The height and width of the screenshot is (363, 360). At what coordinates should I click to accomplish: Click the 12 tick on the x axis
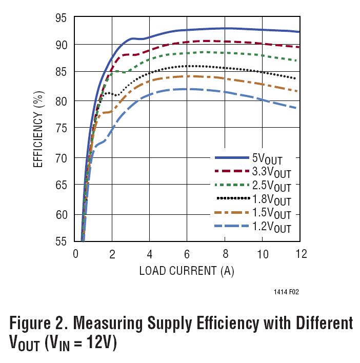click(x=301, y=254)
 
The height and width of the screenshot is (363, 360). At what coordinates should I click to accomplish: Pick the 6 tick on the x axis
click(x=188, y=254)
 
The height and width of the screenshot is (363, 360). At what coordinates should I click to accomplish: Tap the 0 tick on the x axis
click(x=75, y=254)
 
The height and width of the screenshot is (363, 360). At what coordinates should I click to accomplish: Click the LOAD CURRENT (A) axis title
click(x=187, y=271)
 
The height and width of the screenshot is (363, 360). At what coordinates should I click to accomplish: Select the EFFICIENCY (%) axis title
click(x=39, y=130)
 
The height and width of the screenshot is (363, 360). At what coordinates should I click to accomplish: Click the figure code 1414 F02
click(x=286, y=293)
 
